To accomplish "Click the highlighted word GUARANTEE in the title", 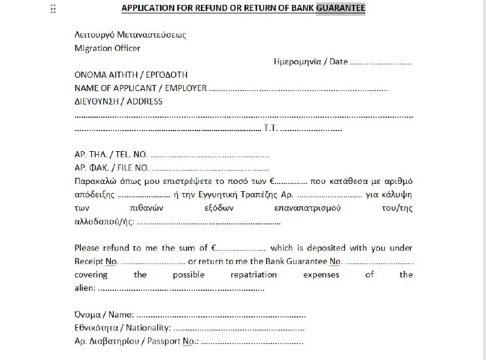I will (341, 8).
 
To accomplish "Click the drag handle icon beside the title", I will (53, 8).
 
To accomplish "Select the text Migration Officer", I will (107, 48).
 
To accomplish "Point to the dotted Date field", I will (381, 62).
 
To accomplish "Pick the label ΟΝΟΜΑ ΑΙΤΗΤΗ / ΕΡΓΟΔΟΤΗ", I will (131, 75).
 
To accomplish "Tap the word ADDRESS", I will (145, 101).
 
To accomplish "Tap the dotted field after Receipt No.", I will (152, 262).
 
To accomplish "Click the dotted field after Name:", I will (221, 315).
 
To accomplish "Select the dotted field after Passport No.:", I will (252, 341).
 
